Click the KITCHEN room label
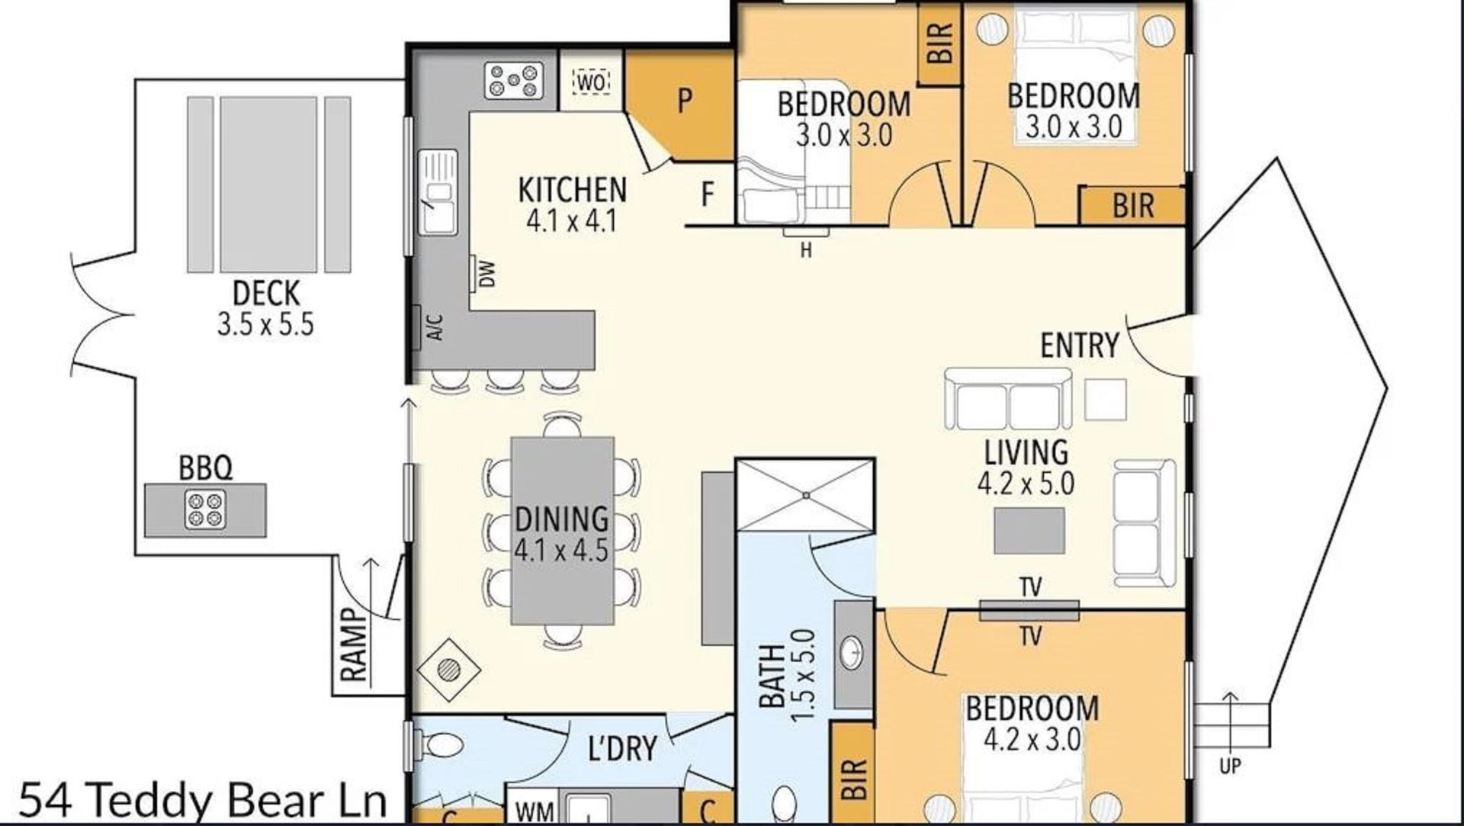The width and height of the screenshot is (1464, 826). (572, 190)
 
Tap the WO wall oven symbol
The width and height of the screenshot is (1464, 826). (592, 82)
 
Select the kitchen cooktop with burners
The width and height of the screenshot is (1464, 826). (514, 80)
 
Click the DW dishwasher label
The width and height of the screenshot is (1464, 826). (487, 274)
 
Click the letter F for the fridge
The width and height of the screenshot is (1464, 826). (708, 194)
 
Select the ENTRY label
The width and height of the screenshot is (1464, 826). (1080, 346)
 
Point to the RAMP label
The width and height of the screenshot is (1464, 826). (354, 644)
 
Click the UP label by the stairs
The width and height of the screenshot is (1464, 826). (1230, 765)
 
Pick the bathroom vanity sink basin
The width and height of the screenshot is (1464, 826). (852, 652)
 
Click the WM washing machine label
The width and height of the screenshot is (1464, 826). (535, 812)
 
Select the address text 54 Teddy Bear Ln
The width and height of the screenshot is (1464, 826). (203, 800)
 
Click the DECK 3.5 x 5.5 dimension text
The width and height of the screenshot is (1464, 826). (265, 325)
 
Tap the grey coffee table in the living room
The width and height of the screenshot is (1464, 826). (1029, 530)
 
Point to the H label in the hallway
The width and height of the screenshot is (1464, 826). (806, 250)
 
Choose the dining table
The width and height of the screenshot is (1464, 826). (563, 531)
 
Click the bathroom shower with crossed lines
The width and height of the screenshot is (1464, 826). (805, 494)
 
